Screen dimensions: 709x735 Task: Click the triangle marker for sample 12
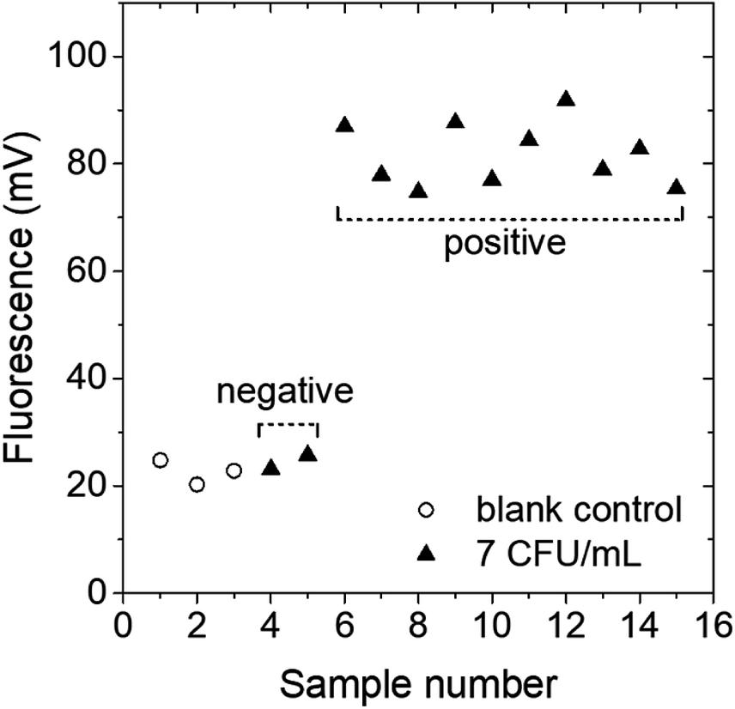coord(565,100)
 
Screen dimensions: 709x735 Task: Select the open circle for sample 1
coord(161,460)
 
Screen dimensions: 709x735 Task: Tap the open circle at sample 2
coord(197,485)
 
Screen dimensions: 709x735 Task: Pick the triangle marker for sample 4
coord(271,468)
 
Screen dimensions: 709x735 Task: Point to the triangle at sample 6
coord(345,125)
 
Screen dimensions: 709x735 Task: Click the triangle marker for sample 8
coord(418,191)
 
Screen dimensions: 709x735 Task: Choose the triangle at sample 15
coord(676,187)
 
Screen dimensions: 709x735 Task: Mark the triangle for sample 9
coord(455,121)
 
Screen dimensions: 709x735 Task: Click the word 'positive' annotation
coord(505,244)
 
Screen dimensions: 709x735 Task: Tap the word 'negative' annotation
coord(285,392)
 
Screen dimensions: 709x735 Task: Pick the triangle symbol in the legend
coord(427,554)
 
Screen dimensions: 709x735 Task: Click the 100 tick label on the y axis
coord(82,57)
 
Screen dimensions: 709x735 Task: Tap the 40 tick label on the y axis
coord(89,379)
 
